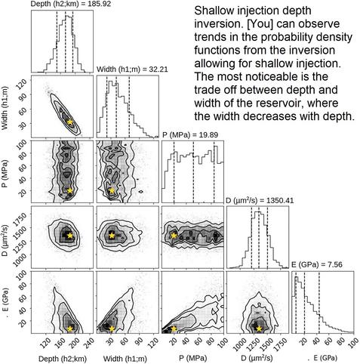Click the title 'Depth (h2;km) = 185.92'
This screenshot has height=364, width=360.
71,4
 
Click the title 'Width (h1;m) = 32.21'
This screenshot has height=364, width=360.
132,69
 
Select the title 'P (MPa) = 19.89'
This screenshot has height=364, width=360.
190,135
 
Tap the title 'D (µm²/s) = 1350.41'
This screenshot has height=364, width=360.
260,200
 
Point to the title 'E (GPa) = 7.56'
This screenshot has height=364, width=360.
317,264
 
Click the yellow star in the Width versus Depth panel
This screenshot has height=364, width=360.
69,122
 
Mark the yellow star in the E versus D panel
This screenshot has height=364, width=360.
259,329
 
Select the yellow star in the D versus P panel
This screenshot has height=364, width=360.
174,236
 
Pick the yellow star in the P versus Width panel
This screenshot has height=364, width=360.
112,190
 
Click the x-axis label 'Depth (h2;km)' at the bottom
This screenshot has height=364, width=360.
63,359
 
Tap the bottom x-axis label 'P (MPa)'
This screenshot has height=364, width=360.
192,358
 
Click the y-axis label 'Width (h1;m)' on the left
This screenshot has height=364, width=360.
5,108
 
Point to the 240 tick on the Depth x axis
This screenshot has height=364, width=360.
88,343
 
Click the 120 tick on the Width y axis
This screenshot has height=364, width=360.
22,83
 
